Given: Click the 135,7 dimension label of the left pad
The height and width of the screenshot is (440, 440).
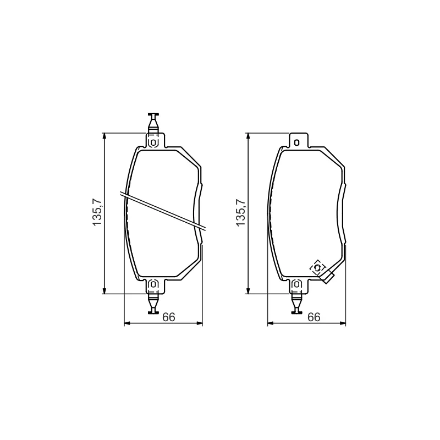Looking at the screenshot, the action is (97, 212).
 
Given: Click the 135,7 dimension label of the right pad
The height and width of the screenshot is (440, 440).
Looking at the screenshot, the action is (240, 212).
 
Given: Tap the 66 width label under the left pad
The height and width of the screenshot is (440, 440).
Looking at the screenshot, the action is (169, 317).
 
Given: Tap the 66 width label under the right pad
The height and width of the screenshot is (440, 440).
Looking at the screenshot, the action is (313, 317).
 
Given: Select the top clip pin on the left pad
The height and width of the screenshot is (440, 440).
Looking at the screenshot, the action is (153, 123).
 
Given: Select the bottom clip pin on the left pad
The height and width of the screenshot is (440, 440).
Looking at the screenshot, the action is (153, 303).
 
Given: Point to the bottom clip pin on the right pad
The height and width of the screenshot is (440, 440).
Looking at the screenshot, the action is (296, 303).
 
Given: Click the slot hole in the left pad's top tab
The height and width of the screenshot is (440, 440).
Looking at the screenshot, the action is (153, 142).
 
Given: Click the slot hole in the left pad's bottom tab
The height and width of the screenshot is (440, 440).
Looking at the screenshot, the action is (153, 284).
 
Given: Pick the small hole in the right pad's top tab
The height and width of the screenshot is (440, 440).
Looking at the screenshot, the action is (296, 142).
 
